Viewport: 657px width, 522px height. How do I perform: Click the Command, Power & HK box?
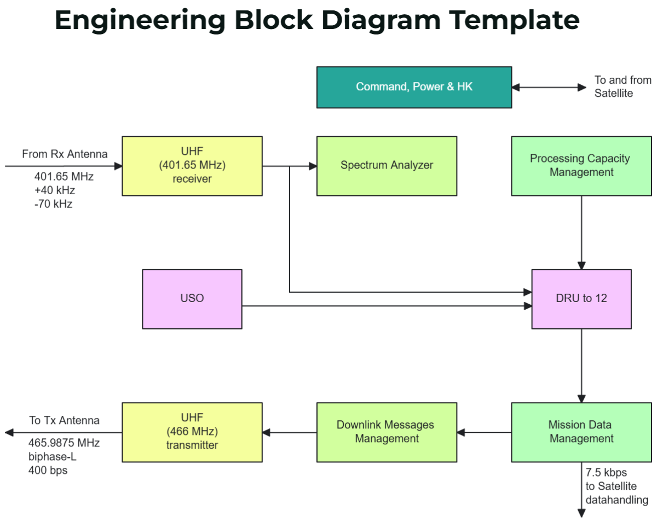[x=414, y=87]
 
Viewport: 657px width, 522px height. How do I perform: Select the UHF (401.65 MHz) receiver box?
[x=192, y=166]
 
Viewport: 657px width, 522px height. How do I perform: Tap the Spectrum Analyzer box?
[x=387, y=166]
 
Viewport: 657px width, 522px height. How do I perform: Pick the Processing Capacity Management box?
[x=581, y=166]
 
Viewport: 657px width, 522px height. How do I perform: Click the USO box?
[x=192, y=299]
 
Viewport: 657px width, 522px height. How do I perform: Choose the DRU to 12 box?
[x=581, y=299]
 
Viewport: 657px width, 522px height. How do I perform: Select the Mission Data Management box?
[x=581, y=432]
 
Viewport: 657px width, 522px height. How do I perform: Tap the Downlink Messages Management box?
[x=387, y=432]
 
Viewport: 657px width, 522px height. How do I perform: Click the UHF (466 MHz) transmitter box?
[x=192, y=432]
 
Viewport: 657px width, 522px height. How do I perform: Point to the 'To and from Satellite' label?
[x=623, y=87]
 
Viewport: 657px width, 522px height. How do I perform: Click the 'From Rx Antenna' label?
[x=65, y=154]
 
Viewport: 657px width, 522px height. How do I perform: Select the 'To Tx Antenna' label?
[x=64, y=420]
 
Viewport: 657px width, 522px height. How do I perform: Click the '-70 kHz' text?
[x=53, y=204]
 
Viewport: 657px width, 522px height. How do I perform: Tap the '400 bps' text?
[x=48, y=470]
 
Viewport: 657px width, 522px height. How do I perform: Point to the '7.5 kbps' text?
[x=606, y=472]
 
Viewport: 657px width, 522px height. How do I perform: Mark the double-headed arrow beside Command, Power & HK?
[x=549, y=87]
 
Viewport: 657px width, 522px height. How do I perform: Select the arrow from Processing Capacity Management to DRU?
[x=581, y=232]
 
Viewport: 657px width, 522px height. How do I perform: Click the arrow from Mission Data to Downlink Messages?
[x=484, y=432]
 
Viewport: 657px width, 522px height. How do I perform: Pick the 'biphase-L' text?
[x=52, y=456]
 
